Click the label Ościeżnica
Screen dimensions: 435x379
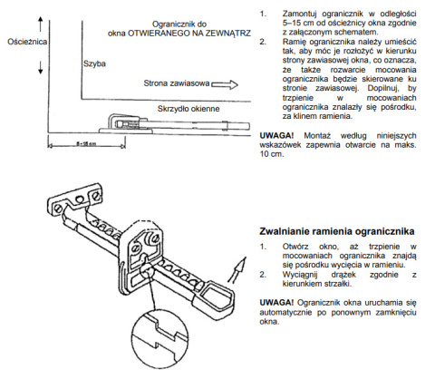click(27, 42)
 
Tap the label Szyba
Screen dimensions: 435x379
click(94, 63)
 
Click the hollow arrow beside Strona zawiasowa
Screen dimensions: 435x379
click(225, 84)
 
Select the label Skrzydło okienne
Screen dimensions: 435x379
click(188, 109)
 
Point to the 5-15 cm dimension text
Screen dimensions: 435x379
click(86, 143)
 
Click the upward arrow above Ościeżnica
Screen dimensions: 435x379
click(41, 24)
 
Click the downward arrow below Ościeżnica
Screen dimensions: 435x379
click(41, 67)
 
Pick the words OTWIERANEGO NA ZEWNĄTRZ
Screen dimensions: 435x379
click(189, 34)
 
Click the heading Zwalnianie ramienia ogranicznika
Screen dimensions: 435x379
click(337, 231)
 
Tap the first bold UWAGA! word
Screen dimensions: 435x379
click(276, 136)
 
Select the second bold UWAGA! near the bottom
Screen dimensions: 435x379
click(276, 303)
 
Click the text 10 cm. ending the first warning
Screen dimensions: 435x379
click(272, 154)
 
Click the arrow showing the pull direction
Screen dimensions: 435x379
click(237, 270)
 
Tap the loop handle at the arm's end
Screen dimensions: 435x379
click(216, 296)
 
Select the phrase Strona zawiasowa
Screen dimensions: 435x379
click(177, 83)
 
